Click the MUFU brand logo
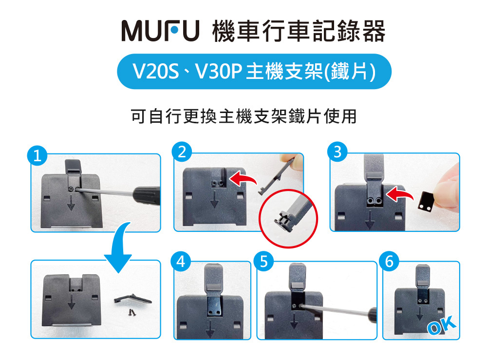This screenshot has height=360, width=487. pyautogui.click(x=161, y=31)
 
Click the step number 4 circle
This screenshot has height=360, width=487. pyautogui.click(x=181, y=262)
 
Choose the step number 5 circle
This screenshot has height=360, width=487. pyautogui.click(x=264, y=262)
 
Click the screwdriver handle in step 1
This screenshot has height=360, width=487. pyautogui.click(x=147, y=194)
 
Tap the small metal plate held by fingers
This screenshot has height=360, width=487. pyautogui.click(x=425, y=201)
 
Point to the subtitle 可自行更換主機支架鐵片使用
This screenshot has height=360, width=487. pyautogui.click(x=243, y=116)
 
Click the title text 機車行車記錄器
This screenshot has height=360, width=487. pyautogui.click(x=299, y=31)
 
